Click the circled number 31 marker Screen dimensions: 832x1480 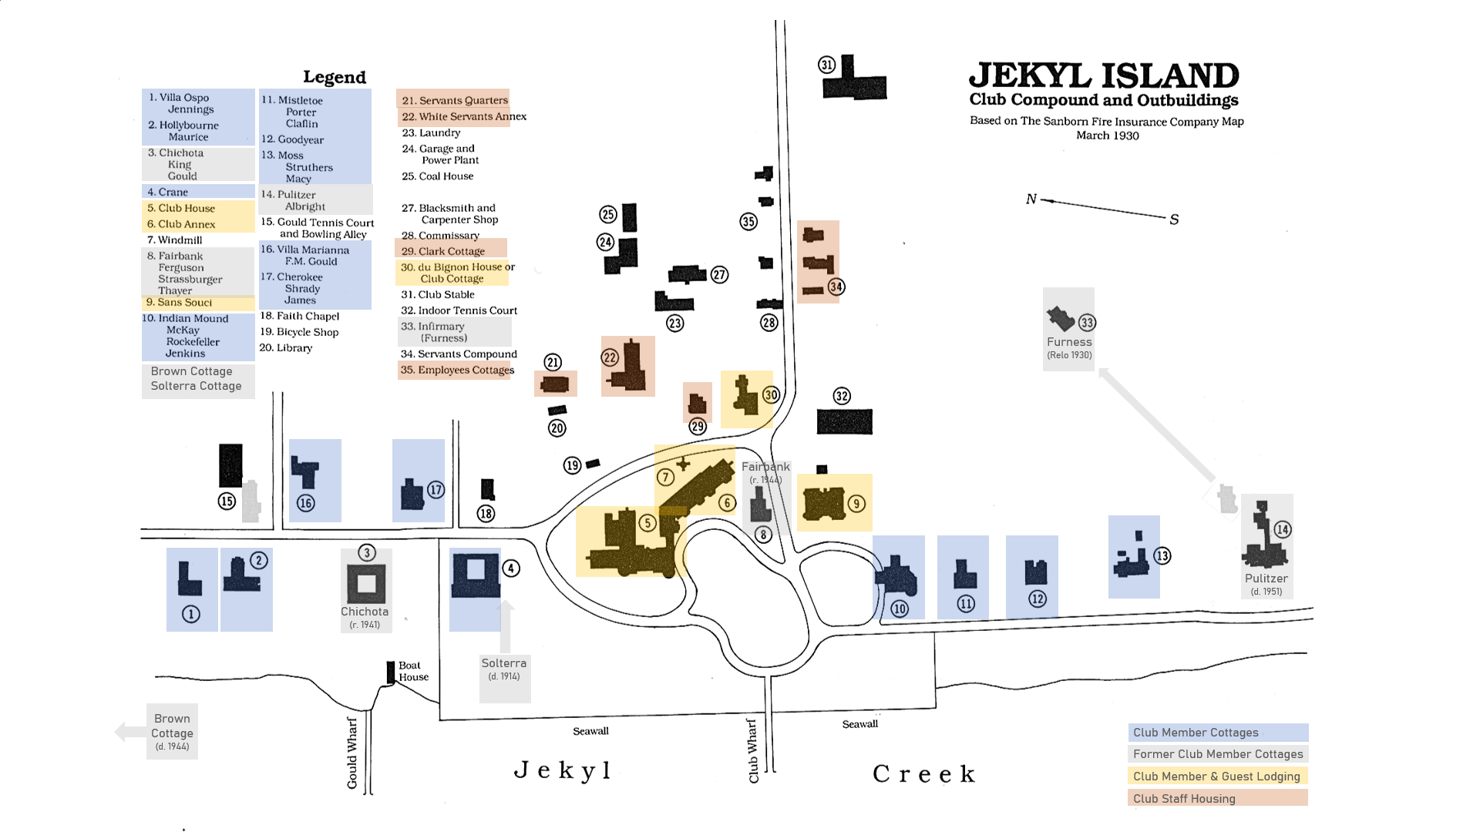(826, 65)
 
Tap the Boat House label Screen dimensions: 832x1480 (413, 671)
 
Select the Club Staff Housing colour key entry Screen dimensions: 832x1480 (1217, 798)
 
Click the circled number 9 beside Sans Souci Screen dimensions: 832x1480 (856, 504)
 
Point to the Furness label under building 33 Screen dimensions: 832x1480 (1068, 342)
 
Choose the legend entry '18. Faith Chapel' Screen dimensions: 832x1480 (300, 316)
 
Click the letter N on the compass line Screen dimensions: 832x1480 (1031, 199)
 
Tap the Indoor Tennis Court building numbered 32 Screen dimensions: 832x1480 (845, 421)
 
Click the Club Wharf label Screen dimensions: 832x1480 (753, 750)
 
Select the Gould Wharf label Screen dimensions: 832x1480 (352, 753)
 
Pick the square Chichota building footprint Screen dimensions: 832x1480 (366, 583)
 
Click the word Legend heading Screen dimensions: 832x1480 (335, 77)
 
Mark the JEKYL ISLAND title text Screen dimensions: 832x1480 (1103, 75)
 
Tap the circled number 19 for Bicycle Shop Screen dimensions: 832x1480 (572, 465)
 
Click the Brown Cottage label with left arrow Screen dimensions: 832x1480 (172, 731)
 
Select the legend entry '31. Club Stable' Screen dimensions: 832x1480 (437, 294)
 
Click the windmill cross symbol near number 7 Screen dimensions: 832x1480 (683, 464)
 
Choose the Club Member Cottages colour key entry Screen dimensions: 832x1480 (1218, 732)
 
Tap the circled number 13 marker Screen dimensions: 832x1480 (1162, 555)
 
